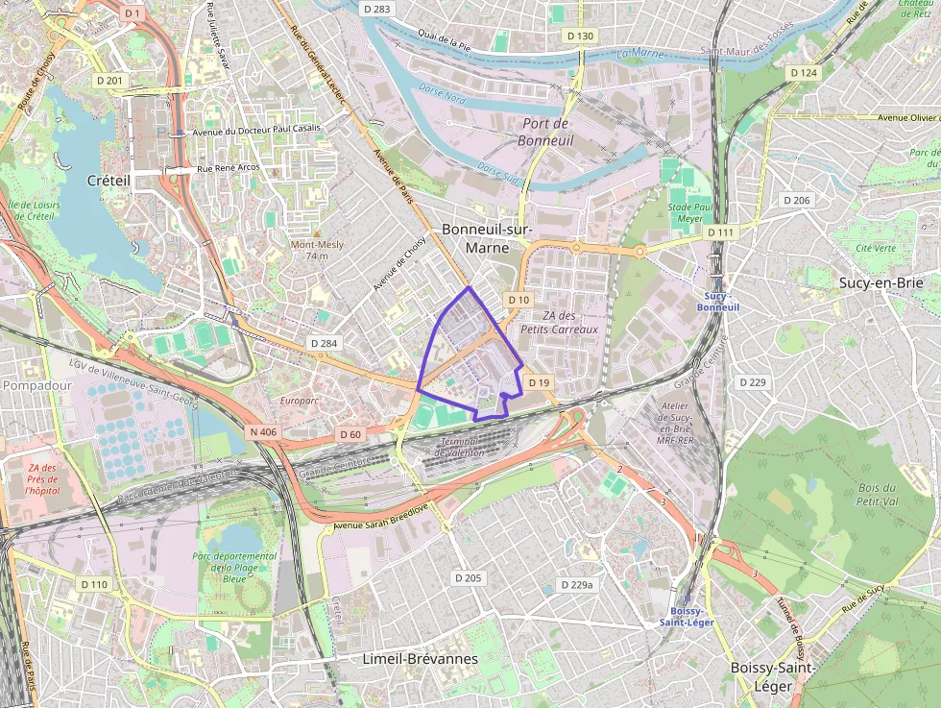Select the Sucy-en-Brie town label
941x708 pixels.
[881, 282]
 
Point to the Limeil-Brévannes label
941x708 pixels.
[421, 659]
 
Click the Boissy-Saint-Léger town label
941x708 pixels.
[773, 676]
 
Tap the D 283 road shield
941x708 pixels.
[378, 9]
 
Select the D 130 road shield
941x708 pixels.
[581, 36]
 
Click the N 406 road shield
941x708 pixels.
[262, 432]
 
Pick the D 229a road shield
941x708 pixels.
[576, 584]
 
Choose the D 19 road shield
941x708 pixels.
[539, 383]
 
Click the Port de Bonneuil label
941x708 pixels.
[545, 132]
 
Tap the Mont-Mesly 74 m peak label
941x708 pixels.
[317, 250]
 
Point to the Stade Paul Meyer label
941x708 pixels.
[689, 212]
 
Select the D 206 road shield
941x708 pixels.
[796, 201]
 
